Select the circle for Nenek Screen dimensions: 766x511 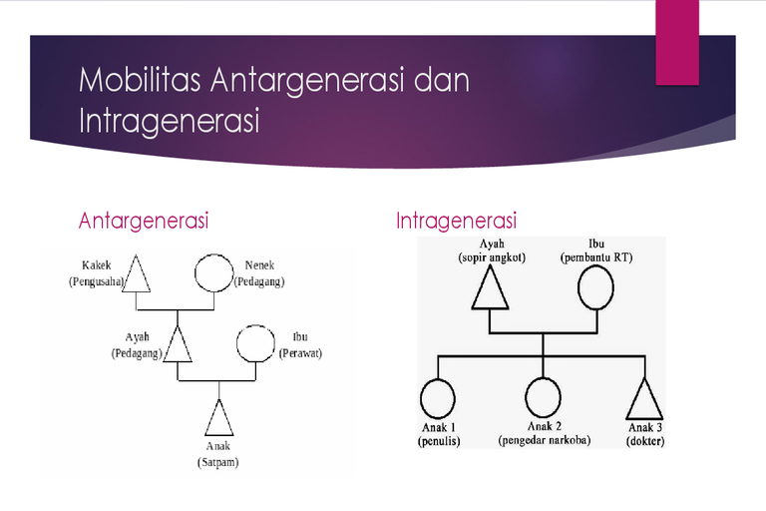214,255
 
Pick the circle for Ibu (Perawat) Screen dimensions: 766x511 255,325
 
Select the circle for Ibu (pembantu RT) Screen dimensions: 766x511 595,266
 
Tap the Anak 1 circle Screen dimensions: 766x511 438,380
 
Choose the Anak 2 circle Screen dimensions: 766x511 543,378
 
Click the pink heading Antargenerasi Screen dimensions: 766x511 144,221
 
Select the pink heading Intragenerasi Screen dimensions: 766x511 456,221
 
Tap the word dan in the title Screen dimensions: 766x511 442,80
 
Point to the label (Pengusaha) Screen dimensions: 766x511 96,281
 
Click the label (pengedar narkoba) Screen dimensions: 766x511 545,440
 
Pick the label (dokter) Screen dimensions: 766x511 645,441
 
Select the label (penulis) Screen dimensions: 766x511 439,441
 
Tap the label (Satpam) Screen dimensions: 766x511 217,462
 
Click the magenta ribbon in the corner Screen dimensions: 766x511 677,43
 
